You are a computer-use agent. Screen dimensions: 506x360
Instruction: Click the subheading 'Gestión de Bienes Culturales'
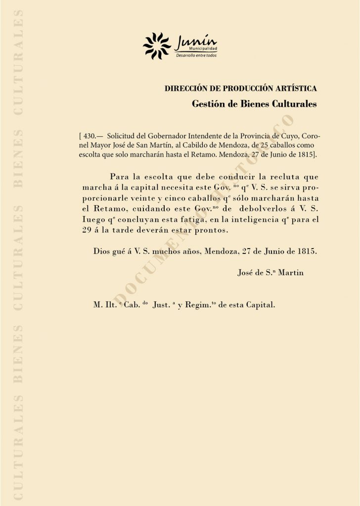pos(254,104)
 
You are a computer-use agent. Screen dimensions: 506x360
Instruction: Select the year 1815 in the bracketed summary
pos(304,155)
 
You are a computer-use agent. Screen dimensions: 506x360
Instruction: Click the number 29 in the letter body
pos(87,231)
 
